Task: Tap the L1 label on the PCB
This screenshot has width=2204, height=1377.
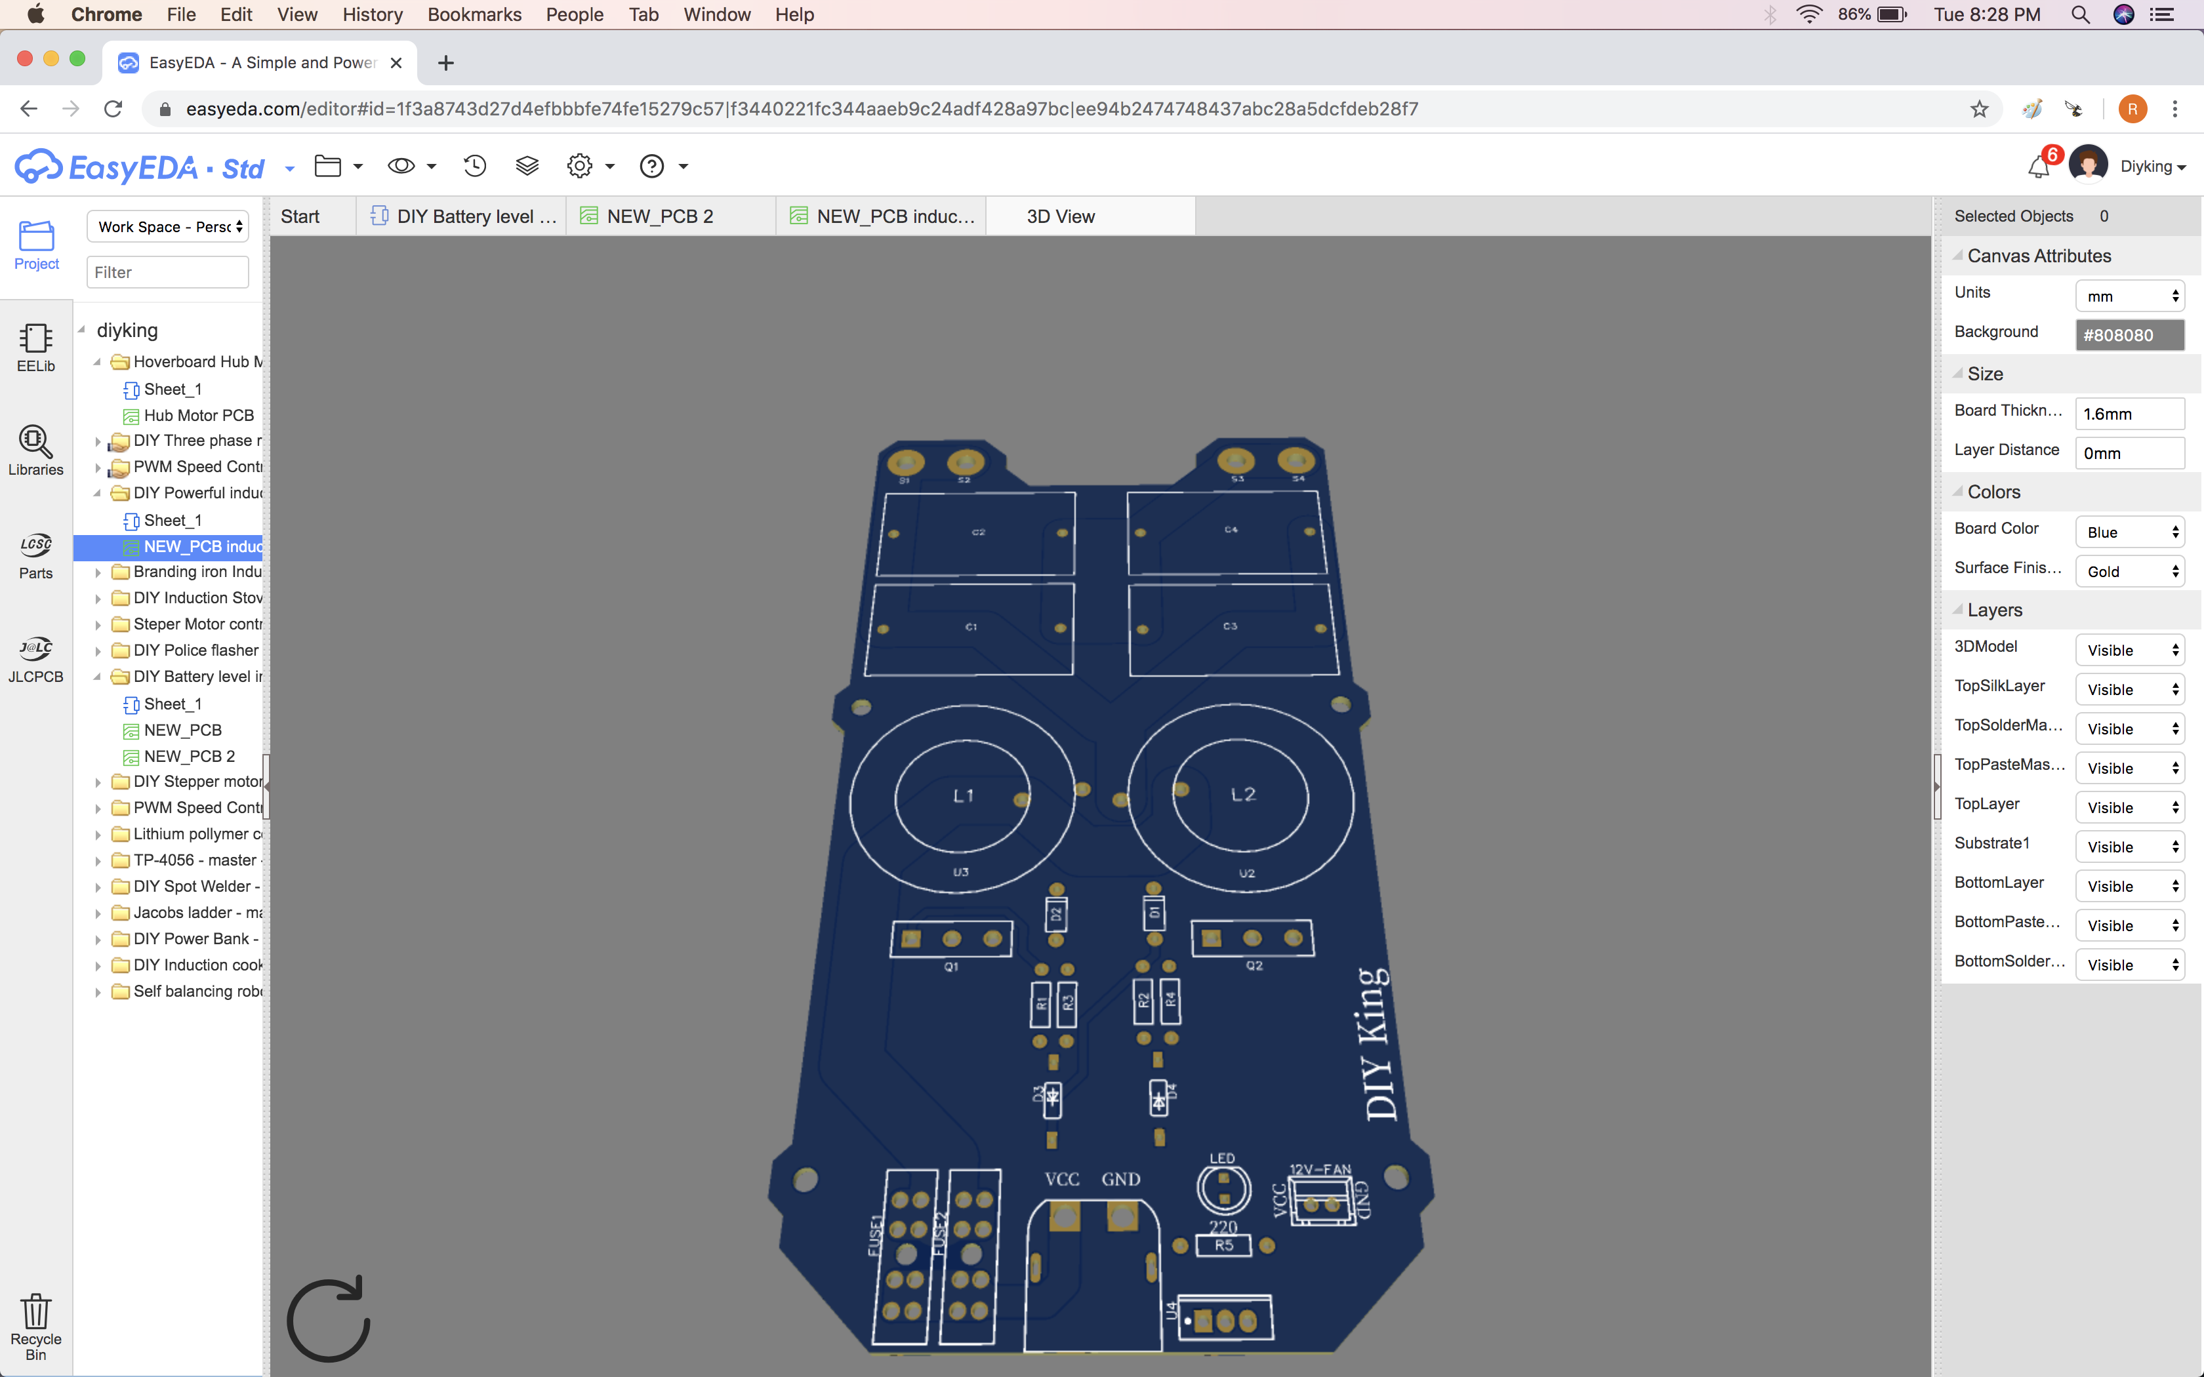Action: pos(964,796)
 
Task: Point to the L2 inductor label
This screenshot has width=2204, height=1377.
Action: pos(1243,795)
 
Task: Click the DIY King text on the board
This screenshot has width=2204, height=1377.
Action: pos(1377,1045)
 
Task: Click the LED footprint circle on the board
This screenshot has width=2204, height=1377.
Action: pos(1223,1187)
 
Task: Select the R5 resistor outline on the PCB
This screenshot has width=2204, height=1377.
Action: pos(1223,1245)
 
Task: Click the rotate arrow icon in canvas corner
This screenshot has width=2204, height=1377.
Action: pos(329,1319)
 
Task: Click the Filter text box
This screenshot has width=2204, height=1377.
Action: pos(167,272)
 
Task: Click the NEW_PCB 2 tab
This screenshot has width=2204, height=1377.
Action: pos(659,217)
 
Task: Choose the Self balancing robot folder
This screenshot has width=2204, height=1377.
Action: pos(197,991)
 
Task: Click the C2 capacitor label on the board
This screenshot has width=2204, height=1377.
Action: pos(978,532)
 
